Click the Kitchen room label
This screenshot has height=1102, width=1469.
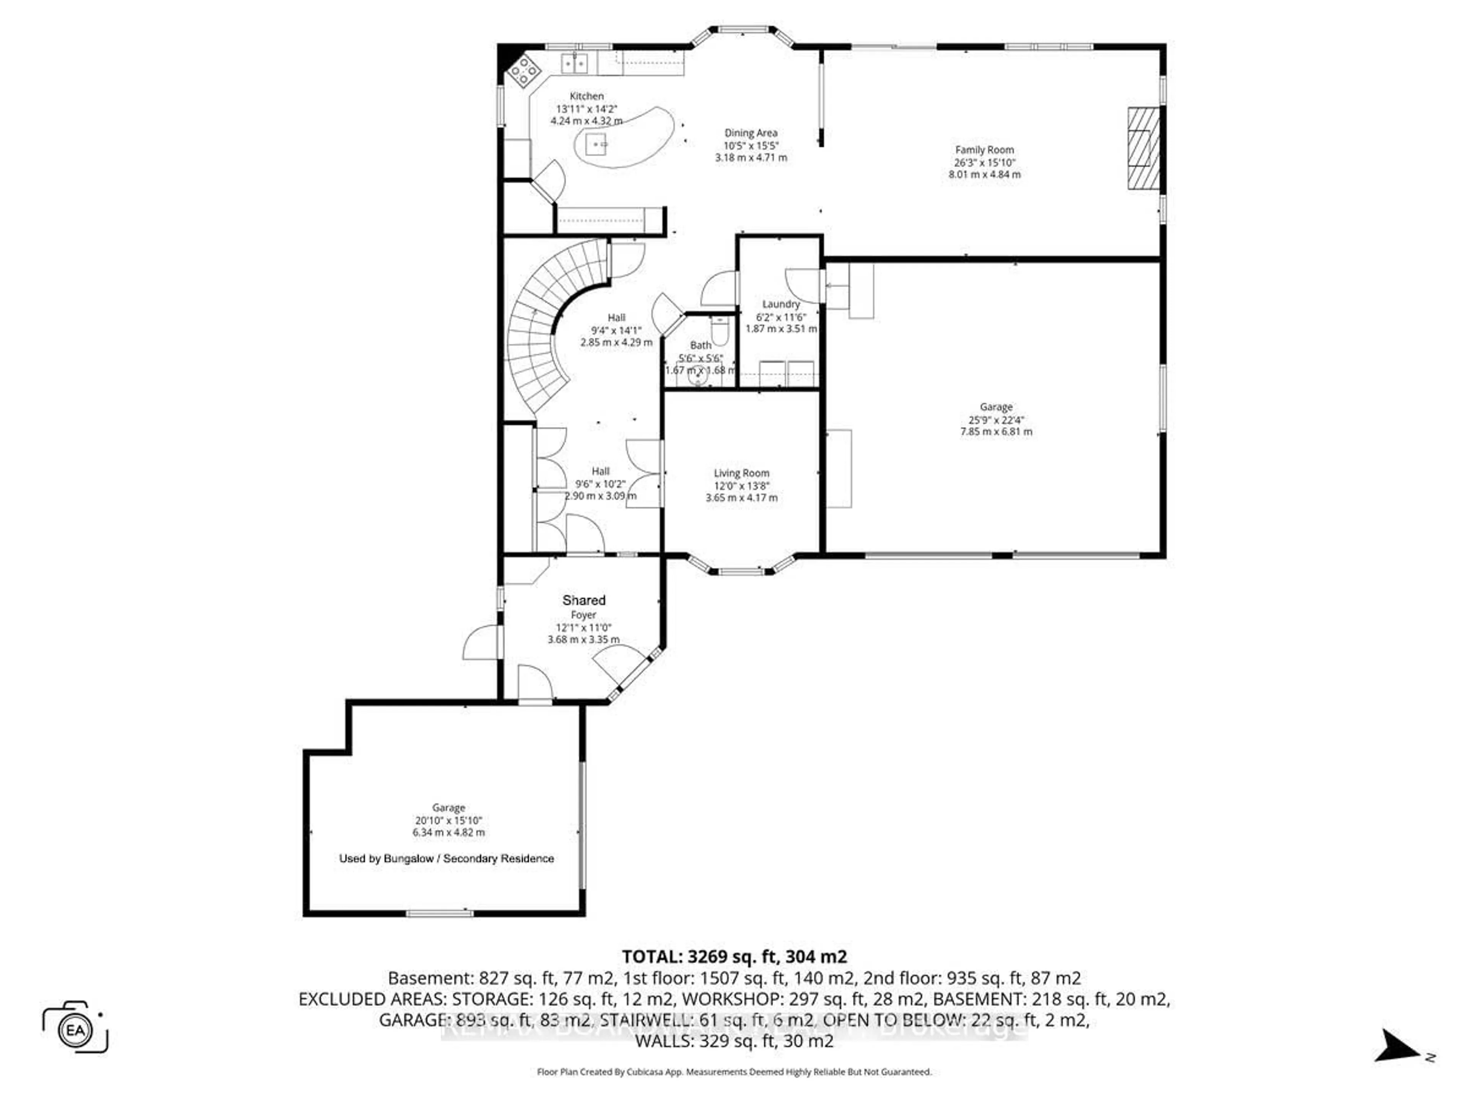[586, 96]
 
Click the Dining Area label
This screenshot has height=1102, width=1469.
[751, 133]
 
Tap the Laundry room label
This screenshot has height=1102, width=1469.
[781, 304]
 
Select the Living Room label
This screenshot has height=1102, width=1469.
[741, 473]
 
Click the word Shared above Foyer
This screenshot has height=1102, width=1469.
[584, 600]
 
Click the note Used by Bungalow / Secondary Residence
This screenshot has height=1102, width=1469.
[446, 859]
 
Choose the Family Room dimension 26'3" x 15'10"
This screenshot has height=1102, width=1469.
[984, 163]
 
